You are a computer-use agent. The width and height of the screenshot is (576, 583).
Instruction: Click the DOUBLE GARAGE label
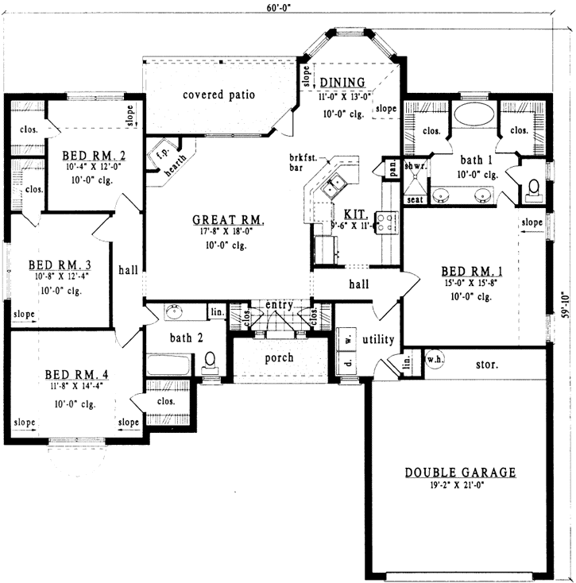(460, 472)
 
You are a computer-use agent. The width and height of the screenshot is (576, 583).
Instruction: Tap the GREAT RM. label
(228, 220)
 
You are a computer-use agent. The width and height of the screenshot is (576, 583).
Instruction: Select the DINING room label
(342, 83)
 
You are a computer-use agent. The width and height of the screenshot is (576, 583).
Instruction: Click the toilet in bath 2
(210, 361)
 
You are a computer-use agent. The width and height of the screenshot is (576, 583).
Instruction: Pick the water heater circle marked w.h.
(435, 357)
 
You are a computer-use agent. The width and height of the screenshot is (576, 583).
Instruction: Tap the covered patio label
(218, 95)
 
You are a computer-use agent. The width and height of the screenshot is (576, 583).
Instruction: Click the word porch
(279, 358)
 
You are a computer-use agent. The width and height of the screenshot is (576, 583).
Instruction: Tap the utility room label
(378, 339)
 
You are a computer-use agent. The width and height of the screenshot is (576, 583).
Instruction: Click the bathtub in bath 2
(168, 366)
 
